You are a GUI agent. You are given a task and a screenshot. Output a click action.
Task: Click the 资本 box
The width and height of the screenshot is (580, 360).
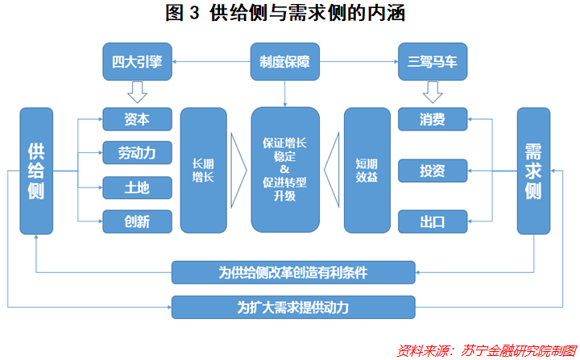[138, 119]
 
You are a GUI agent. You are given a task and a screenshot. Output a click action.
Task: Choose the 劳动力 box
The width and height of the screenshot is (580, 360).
[138, 153]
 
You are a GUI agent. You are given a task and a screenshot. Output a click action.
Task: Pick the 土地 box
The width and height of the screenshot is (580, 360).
[138, 188]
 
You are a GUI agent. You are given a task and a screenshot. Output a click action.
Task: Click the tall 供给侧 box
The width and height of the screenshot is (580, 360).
[36, 171]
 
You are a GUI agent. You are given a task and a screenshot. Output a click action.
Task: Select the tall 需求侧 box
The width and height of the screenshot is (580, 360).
[532, 171]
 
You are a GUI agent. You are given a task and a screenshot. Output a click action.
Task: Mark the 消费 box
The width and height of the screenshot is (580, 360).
[433, 119]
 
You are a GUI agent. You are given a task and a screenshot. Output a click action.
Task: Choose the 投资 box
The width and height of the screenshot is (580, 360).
[433, 171]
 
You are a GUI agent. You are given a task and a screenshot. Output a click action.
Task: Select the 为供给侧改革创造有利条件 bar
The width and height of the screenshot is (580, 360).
[293, 272]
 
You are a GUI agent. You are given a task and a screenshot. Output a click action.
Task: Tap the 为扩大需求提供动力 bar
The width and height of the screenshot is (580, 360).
[293, 307]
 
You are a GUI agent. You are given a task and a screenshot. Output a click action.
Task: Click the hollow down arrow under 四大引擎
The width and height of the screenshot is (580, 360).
[138, 91]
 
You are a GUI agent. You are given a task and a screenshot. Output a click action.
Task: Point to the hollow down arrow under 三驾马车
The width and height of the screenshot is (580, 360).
[433, 91]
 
